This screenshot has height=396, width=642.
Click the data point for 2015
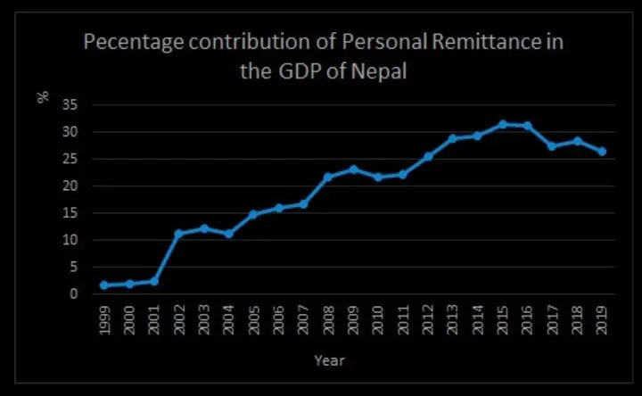point(503,124)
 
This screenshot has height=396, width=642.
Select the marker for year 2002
point(178,234)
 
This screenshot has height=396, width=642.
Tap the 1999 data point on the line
point(103,285)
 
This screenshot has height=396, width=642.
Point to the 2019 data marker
point(602,152)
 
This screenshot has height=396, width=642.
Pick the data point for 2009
point(353,169)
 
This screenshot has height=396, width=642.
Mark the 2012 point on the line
point(428,156)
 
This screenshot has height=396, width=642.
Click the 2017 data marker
point(552,145)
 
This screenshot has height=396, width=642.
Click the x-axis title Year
point(329,361)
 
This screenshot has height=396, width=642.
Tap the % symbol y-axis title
point(43,96)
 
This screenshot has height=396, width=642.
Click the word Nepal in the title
point(378,71)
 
